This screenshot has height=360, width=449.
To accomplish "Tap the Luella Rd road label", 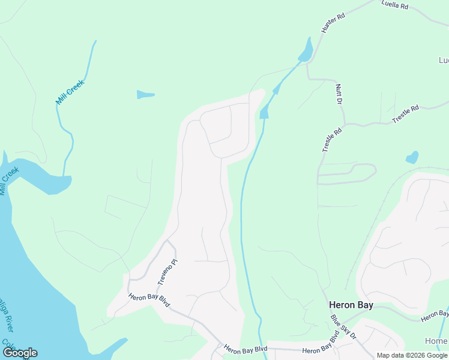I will coord(394,5).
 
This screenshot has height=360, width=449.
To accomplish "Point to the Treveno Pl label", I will coord(167,272).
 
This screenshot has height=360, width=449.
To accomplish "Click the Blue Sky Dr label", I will coord(343,328).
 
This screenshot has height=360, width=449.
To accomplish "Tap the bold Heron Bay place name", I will coord(351,305).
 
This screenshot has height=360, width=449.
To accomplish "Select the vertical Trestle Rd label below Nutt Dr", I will coord(331,139).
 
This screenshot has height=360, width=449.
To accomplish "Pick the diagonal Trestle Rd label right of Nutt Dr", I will coord(405,114).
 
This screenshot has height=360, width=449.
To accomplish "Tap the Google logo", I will coord(20,353).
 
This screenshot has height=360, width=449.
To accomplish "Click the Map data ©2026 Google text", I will coord(412,355).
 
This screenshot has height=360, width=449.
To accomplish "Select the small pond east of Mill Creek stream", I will coord(145,94).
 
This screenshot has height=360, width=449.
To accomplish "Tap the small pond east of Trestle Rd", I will coord(412,158).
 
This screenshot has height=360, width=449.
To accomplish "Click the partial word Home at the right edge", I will coord(436,341).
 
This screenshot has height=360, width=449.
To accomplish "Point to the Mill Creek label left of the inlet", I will coord(10,181).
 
